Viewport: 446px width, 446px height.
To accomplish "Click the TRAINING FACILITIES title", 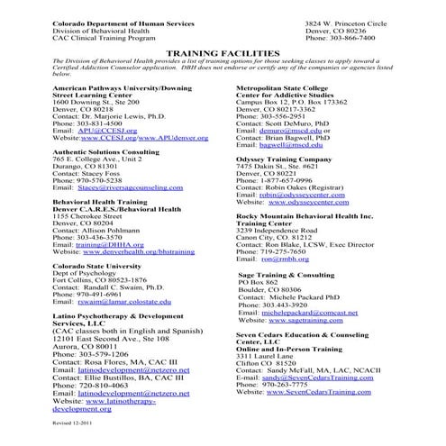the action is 222,54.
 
